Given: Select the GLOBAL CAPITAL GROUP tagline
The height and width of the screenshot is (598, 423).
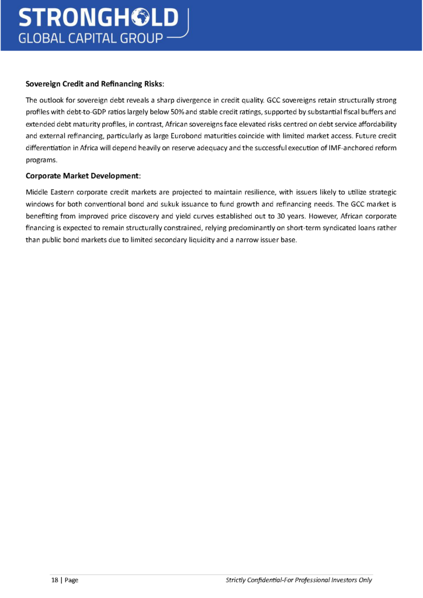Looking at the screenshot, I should [91, 39].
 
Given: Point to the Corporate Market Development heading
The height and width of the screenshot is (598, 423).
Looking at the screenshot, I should [82, 176].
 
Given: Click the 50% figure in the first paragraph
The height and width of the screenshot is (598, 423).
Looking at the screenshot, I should [178, 111].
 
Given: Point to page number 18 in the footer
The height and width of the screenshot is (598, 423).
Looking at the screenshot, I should [55, 580].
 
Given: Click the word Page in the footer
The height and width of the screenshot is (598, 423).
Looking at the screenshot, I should [71, 580].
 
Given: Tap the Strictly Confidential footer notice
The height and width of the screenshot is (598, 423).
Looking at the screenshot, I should [299, 580].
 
